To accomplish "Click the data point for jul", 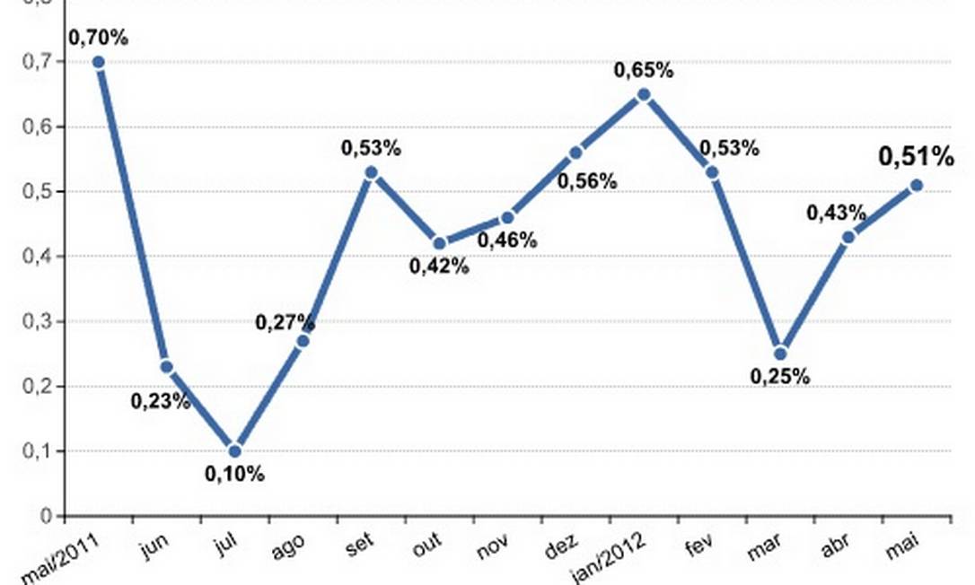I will coord(234,450).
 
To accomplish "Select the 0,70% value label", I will coord(99,38).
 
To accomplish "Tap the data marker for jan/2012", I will coord(644,94).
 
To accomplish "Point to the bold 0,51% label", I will coord(916,157).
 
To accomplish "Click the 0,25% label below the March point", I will coord(780,377).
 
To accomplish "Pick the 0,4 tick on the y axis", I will coord(41,257).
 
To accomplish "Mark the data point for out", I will coord(439,243).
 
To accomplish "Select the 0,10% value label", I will coord(234,475).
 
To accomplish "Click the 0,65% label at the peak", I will coord(644,70).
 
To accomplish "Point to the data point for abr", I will coord(848,237).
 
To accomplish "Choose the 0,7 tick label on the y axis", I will coord(41,62).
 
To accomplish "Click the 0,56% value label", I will coord(587,181).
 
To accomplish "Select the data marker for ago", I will coord(303,341).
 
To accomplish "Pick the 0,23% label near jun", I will coord(161,401).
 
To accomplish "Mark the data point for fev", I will coord(712,172).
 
